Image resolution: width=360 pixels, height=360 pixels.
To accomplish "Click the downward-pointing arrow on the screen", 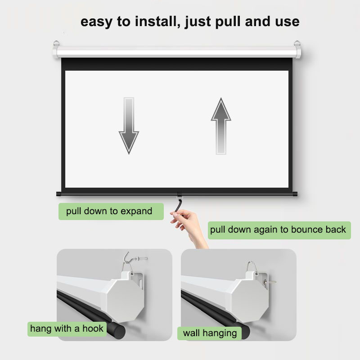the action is coord(129,126).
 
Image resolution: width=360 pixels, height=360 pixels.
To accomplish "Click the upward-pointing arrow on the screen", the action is coord(221,126).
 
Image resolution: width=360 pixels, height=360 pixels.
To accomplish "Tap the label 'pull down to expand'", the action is coord(109,211).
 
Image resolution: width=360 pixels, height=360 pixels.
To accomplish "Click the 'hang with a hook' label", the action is coord(67,329).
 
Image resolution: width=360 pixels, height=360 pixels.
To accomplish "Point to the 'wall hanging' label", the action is coord(210,333).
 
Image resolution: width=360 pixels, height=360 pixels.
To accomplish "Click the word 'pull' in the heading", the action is coord(229,22).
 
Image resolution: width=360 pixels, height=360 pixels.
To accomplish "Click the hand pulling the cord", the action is coord(189,227).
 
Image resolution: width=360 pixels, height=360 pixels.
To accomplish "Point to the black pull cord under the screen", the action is coord(179,205).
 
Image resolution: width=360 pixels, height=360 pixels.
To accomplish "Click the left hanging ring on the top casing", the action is coord(56,43).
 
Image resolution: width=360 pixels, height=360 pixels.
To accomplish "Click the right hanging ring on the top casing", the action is coord(297,43).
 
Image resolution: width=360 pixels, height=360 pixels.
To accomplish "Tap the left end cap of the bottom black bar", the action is coord(59,194).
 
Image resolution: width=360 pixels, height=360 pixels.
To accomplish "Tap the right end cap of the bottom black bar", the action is coord(295,194).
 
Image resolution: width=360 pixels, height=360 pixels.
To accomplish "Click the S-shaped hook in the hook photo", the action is coord(128,261).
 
